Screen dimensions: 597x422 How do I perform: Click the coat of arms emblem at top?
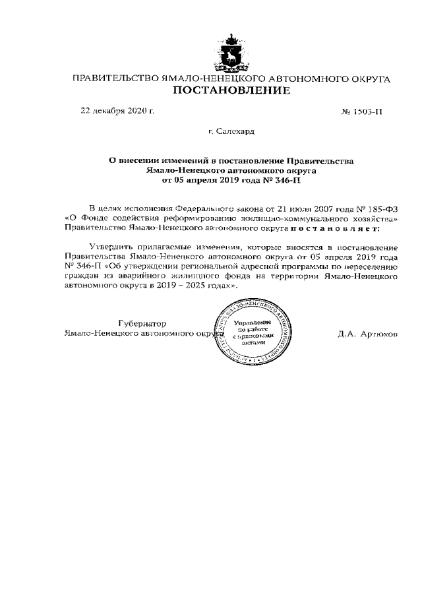[231, 52]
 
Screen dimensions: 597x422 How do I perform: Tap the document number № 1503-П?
[361, 111]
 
